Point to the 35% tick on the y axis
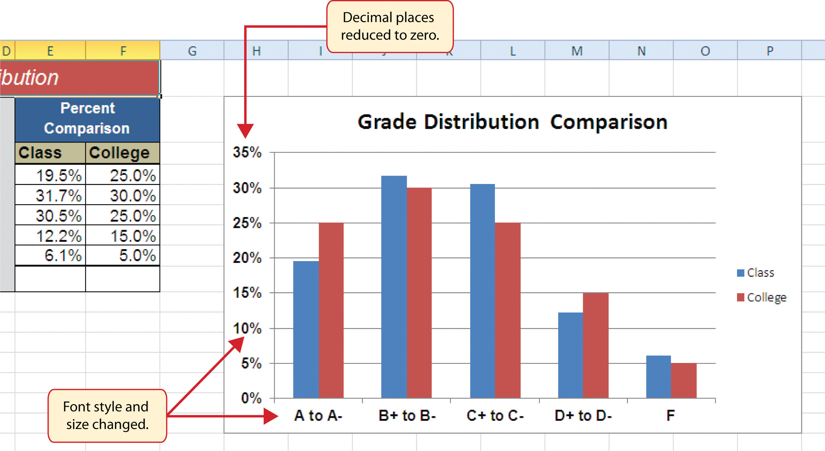click(247, 152)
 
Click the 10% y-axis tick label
click(247, 328)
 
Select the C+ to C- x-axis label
click(495, 415)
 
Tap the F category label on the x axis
click(670, 415)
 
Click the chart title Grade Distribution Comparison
click(512, 122)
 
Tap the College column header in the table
click(119, 153)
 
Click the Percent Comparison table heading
click(87, 118)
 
